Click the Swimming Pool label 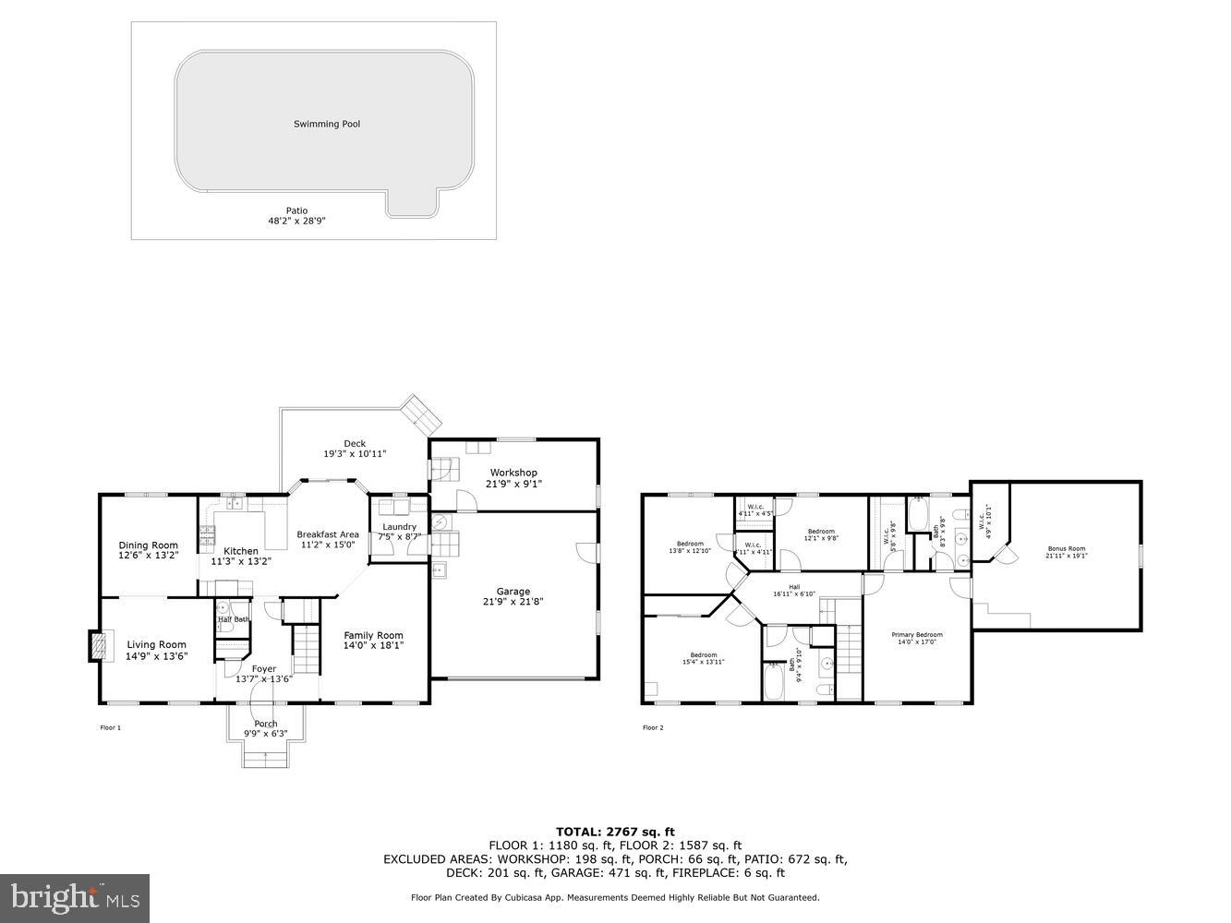[327, 124]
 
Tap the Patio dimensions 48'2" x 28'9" [296, 222]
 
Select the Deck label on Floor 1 [355, 443]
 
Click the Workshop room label [513, 473]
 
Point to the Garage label [513, 592]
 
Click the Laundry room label [399, 527]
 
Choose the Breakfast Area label [327, 534]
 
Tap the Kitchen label [241, 551]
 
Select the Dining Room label [148, 545]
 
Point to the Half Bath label [233, 619]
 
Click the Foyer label [264, 669]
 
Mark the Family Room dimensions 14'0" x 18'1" [374, 646]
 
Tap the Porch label [266, 724]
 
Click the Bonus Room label [1066, 548]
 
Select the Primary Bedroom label [916, 635]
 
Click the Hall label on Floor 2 [794, 586]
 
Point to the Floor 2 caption [653, 727]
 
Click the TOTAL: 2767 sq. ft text [615, 832]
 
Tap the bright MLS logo [75, 898]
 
